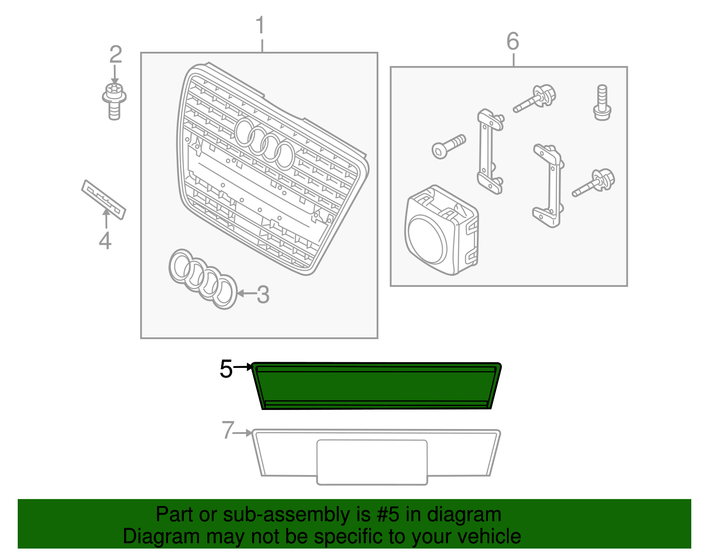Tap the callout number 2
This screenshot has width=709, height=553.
tap(115, 54)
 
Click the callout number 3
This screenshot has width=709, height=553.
tap(263, 294)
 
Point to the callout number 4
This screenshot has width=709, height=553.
tap(105, 240)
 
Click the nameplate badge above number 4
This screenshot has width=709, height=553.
tap(104, 199)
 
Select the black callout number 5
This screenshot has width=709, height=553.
tap(226, 369)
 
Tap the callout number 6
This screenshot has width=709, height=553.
tap(513, 42)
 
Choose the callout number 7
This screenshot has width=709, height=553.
tap(228, 430)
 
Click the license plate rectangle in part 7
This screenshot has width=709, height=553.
tap(372, 462)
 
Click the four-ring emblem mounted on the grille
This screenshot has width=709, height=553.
tap(265, 143)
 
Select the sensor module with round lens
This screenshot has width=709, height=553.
tap(441, 231)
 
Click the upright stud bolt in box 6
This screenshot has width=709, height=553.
tap(602, 102)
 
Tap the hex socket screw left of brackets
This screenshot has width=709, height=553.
tap(448, 146)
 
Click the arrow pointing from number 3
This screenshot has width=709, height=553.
tap(246, 293)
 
